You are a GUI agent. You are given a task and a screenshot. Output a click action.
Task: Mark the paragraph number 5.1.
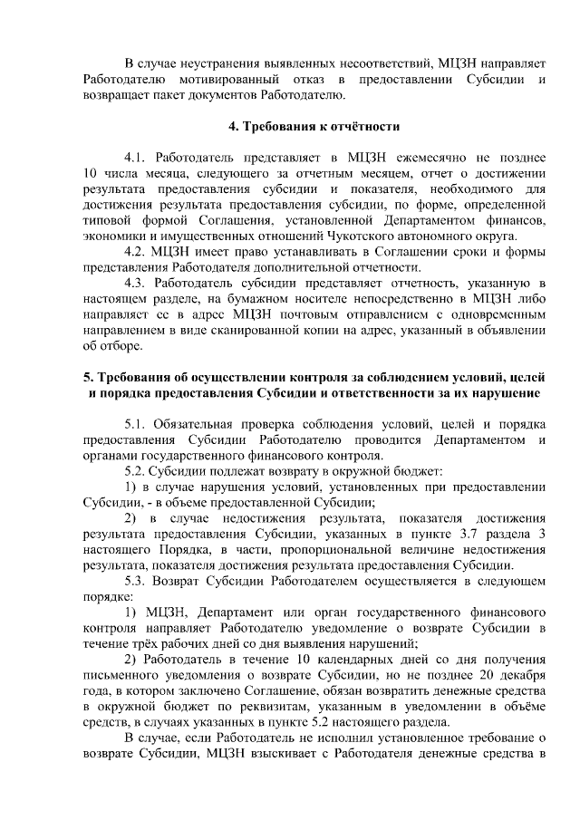coord(137,424)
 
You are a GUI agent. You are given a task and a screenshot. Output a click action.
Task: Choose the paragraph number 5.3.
coord(137,578)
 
